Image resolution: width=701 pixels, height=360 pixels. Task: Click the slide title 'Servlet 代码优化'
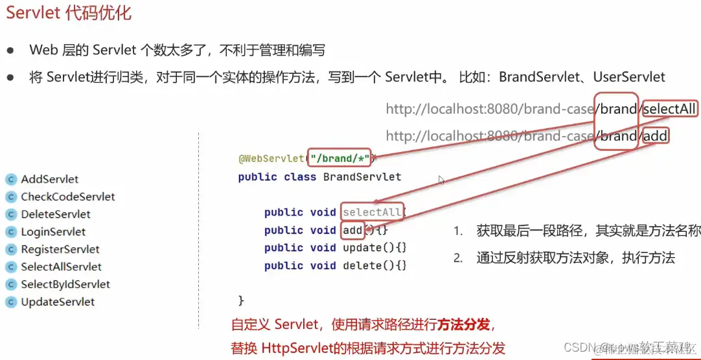tap(69, 14)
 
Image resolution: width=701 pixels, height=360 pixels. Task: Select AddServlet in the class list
tap(50, 179)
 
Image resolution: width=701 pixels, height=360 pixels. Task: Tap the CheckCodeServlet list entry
tap(68, 197)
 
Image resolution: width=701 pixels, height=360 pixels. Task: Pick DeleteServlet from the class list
tap(56, 214)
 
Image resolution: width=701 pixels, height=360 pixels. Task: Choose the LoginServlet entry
tap(53, 232)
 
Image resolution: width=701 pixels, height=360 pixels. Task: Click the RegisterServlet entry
tap(60, 249)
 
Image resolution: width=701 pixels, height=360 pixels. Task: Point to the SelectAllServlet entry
tap(61, 267)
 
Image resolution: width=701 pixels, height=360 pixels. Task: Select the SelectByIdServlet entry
tap(65, 284)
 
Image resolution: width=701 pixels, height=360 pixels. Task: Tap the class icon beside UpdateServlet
tap(10, 302)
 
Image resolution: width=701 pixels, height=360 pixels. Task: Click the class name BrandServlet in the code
tap(362, 177)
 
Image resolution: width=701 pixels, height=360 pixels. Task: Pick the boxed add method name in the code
tap(352, 230)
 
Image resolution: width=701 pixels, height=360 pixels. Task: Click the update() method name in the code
tap(362, 248)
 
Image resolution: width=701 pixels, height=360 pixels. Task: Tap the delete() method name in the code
tap(362, 265)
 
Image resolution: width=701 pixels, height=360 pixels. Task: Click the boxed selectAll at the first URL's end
tap(669, 109)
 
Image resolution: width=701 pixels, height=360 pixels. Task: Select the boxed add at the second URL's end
tap(655, 136)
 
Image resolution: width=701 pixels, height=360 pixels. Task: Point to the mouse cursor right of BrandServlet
tap(442, 180)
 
